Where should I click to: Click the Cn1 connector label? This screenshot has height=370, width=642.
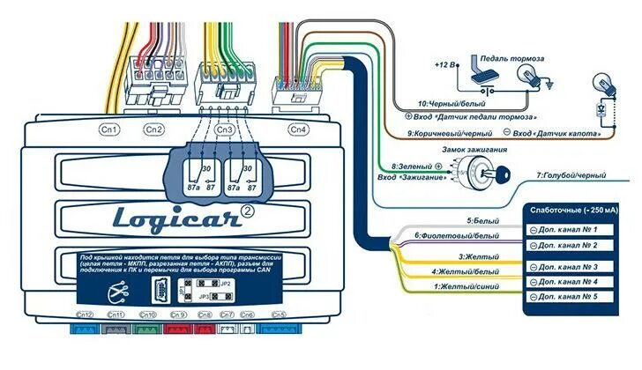[110, 129]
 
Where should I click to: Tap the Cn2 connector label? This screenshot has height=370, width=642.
[154, 129]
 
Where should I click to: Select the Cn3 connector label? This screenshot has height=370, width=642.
[225, 129]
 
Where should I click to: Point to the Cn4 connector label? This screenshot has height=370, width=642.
[299, 129]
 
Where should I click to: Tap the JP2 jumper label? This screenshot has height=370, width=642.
[225, 284]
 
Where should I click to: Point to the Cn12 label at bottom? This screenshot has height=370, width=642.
[86, 314]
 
